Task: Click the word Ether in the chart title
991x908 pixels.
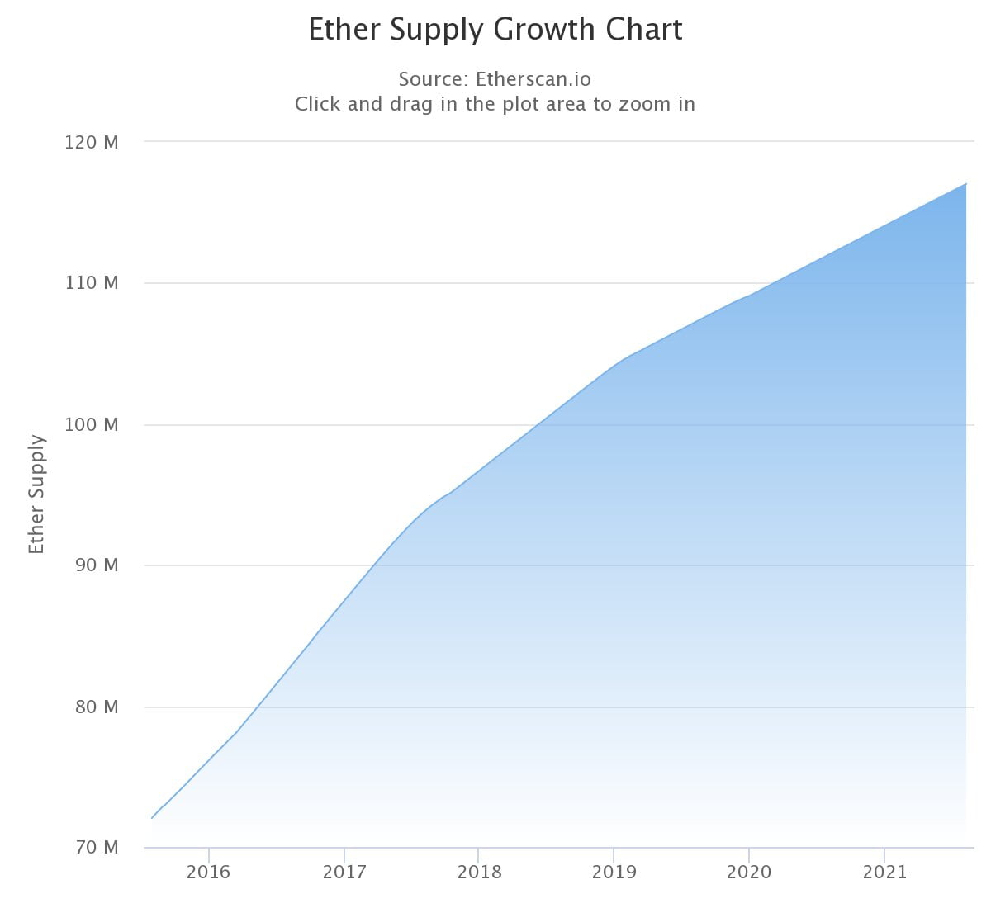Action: pos(345,30)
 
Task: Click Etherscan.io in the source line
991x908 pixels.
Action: pos(533,79)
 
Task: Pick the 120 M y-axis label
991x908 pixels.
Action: pos(92,142)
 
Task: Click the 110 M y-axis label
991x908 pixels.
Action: pos(92,283)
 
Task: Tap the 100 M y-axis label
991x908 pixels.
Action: pos(92,425)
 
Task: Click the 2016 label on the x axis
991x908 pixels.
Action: pos(209,873)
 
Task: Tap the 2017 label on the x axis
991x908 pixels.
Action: pos(344,873)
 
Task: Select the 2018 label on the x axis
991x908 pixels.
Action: pos(479,873)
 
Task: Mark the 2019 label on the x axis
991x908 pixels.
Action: pos(614,873)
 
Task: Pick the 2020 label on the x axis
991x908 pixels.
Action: pos(749,873)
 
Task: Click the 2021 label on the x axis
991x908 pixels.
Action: pos(884,873)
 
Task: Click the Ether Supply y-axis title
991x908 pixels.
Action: pos(36,494)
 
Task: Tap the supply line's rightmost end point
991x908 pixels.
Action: pos(966,183)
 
